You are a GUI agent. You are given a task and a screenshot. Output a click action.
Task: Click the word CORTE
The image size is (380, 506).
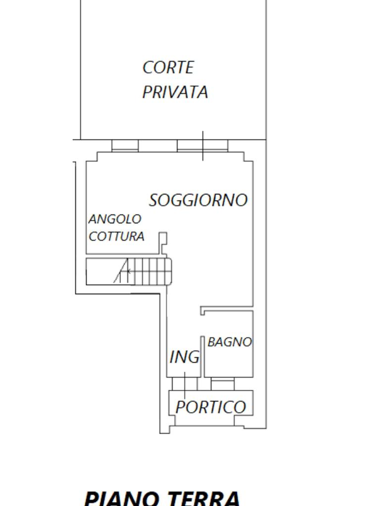click(x=168, y=68)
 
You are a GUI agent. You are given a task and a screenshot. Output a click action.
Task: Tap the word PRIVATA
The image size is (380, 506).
click(x=175, y=92)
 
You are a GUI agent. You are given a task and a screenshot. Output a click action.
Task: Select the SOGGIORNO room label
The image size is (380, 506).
click(x=198, y=200)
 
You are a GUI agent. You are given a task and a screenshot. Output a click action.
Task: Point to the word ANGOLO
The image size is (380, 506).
click(x=115, y=219)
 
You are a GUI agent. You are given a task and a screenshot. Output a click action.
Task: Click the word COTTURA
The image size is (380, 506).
click(x=117, y=236)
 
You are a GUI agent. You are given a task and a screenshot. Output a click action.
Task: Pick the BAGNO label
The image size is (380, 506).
click(x=230, y=342)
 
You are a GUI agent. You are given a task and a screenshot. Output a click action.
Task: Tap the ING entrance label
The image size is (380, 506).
click(x=185, y=357)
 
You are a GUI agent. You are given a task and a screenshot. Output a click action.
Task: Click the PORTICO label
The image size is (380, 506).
click(x=211, y=407)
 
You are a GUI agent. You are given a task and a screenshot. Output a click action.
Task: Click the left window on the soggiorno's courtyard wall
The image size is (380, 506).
click(x=125, y=146)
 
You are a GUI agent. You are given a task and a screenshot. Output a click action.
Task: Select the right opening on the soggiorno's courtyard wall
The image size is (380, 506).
click(x=202, y=146)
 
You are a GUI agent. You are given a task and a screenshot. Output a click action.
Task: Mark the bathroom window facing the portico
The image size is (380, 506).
click(x=223, y=384)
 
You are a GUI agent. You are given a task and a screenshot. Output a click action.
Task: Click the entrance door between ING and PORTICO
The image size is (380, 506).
click(x=185, y=384)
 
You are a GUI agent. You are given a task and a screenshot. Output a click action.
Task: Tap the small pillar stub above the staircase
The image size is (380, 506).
click(x=163, y=239)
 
